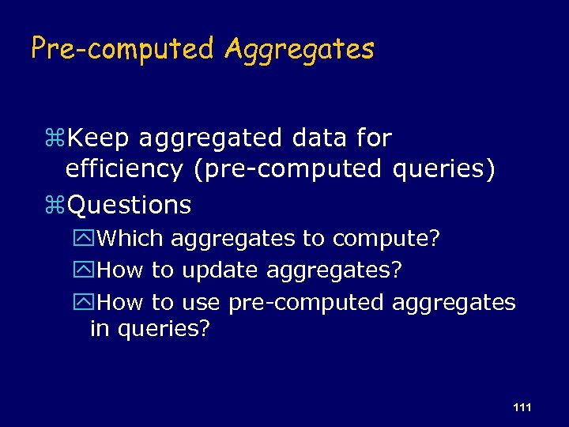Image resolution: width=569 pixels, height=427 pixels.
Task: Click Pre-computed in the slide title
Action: coord(122,49)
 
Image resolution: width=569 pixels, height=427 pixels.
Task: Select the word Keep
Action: coord(100,138)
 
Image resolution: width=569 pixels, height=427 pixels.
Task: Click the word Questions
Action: coord(130,206)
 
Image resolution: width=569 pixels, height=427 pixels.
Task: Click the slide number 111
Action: coord(522,407)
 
